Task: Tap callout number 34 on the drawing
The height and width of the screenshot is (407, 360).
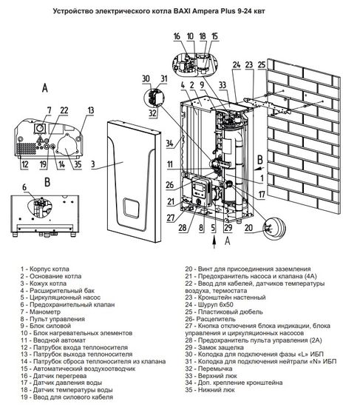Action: tap(170, 143)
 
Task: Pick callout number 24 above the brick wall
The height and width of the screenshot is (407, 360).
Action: tap(235, 65)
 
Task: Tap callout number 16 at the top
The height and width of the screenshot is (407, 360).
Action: tap(177, 36)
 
